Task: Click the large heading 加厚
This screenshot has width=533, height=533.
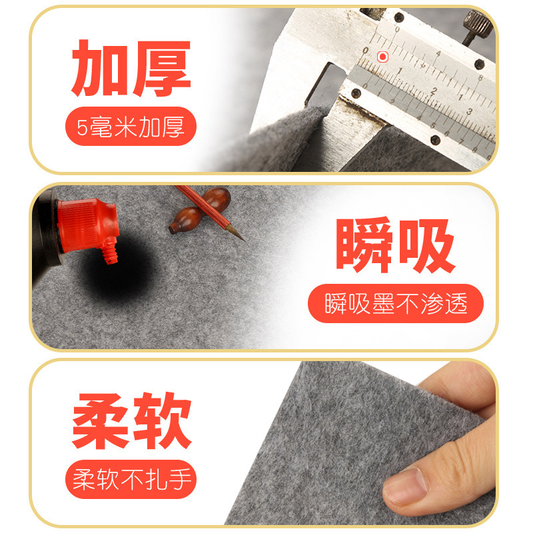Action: [x=131, y=69]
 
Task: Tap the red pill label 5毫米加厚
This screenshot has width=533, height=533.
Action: [x=131, y=127]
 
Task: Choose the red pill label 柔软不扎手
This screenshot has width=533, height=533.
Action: [x=131, y=478]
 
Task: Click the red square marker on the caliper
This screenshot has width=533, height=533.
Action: [x=382, y=57]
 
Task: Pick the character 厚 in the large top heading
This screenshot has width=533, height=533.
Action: [x=161, y=69]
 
